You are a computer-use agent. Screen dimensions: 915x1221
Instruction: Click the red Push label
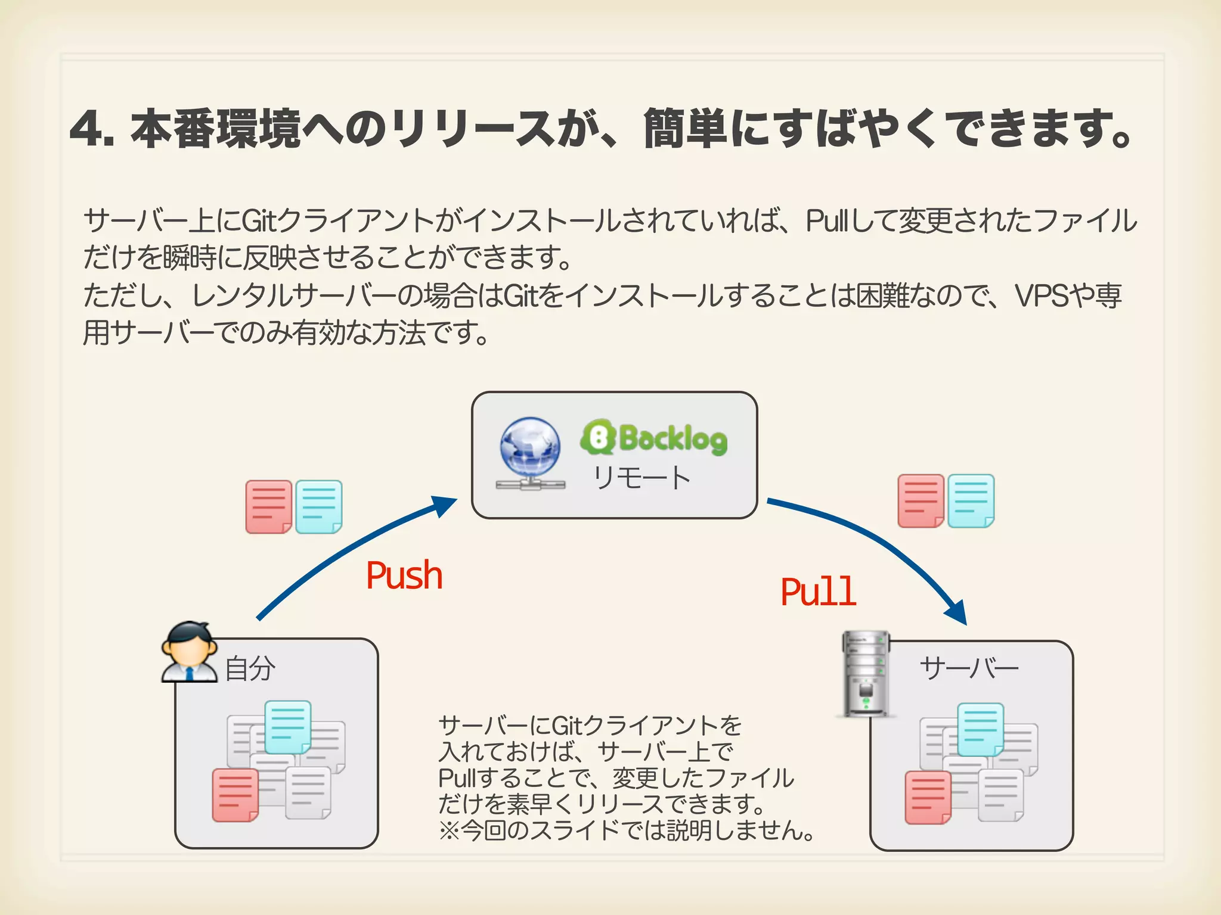point(404,575)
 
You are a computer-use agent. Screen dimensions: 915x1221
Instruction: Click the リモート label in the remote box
point(641,478)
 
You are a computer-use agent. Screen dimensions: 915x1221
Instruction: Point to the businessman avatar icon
point(190,652)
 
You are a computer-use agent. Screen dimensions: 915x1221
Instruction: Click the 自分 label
point(250,668)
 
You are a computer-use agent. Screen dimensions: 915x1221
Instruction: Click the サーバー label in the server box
point(969,668)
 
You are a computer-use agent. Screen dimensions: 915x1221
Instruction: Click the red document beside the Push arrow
point(269,507)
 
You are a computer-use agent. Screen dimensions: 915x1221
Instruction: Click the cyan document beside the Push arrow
point(319,507)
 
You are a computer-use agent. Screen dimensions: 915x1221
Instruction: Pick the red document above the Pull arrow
point(921,501)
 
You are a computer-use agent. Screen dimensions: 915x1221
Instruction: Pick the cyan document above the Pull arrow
point(971,501)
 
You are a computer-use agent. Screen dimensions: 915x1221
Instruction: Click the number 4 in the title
point(87,129)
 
